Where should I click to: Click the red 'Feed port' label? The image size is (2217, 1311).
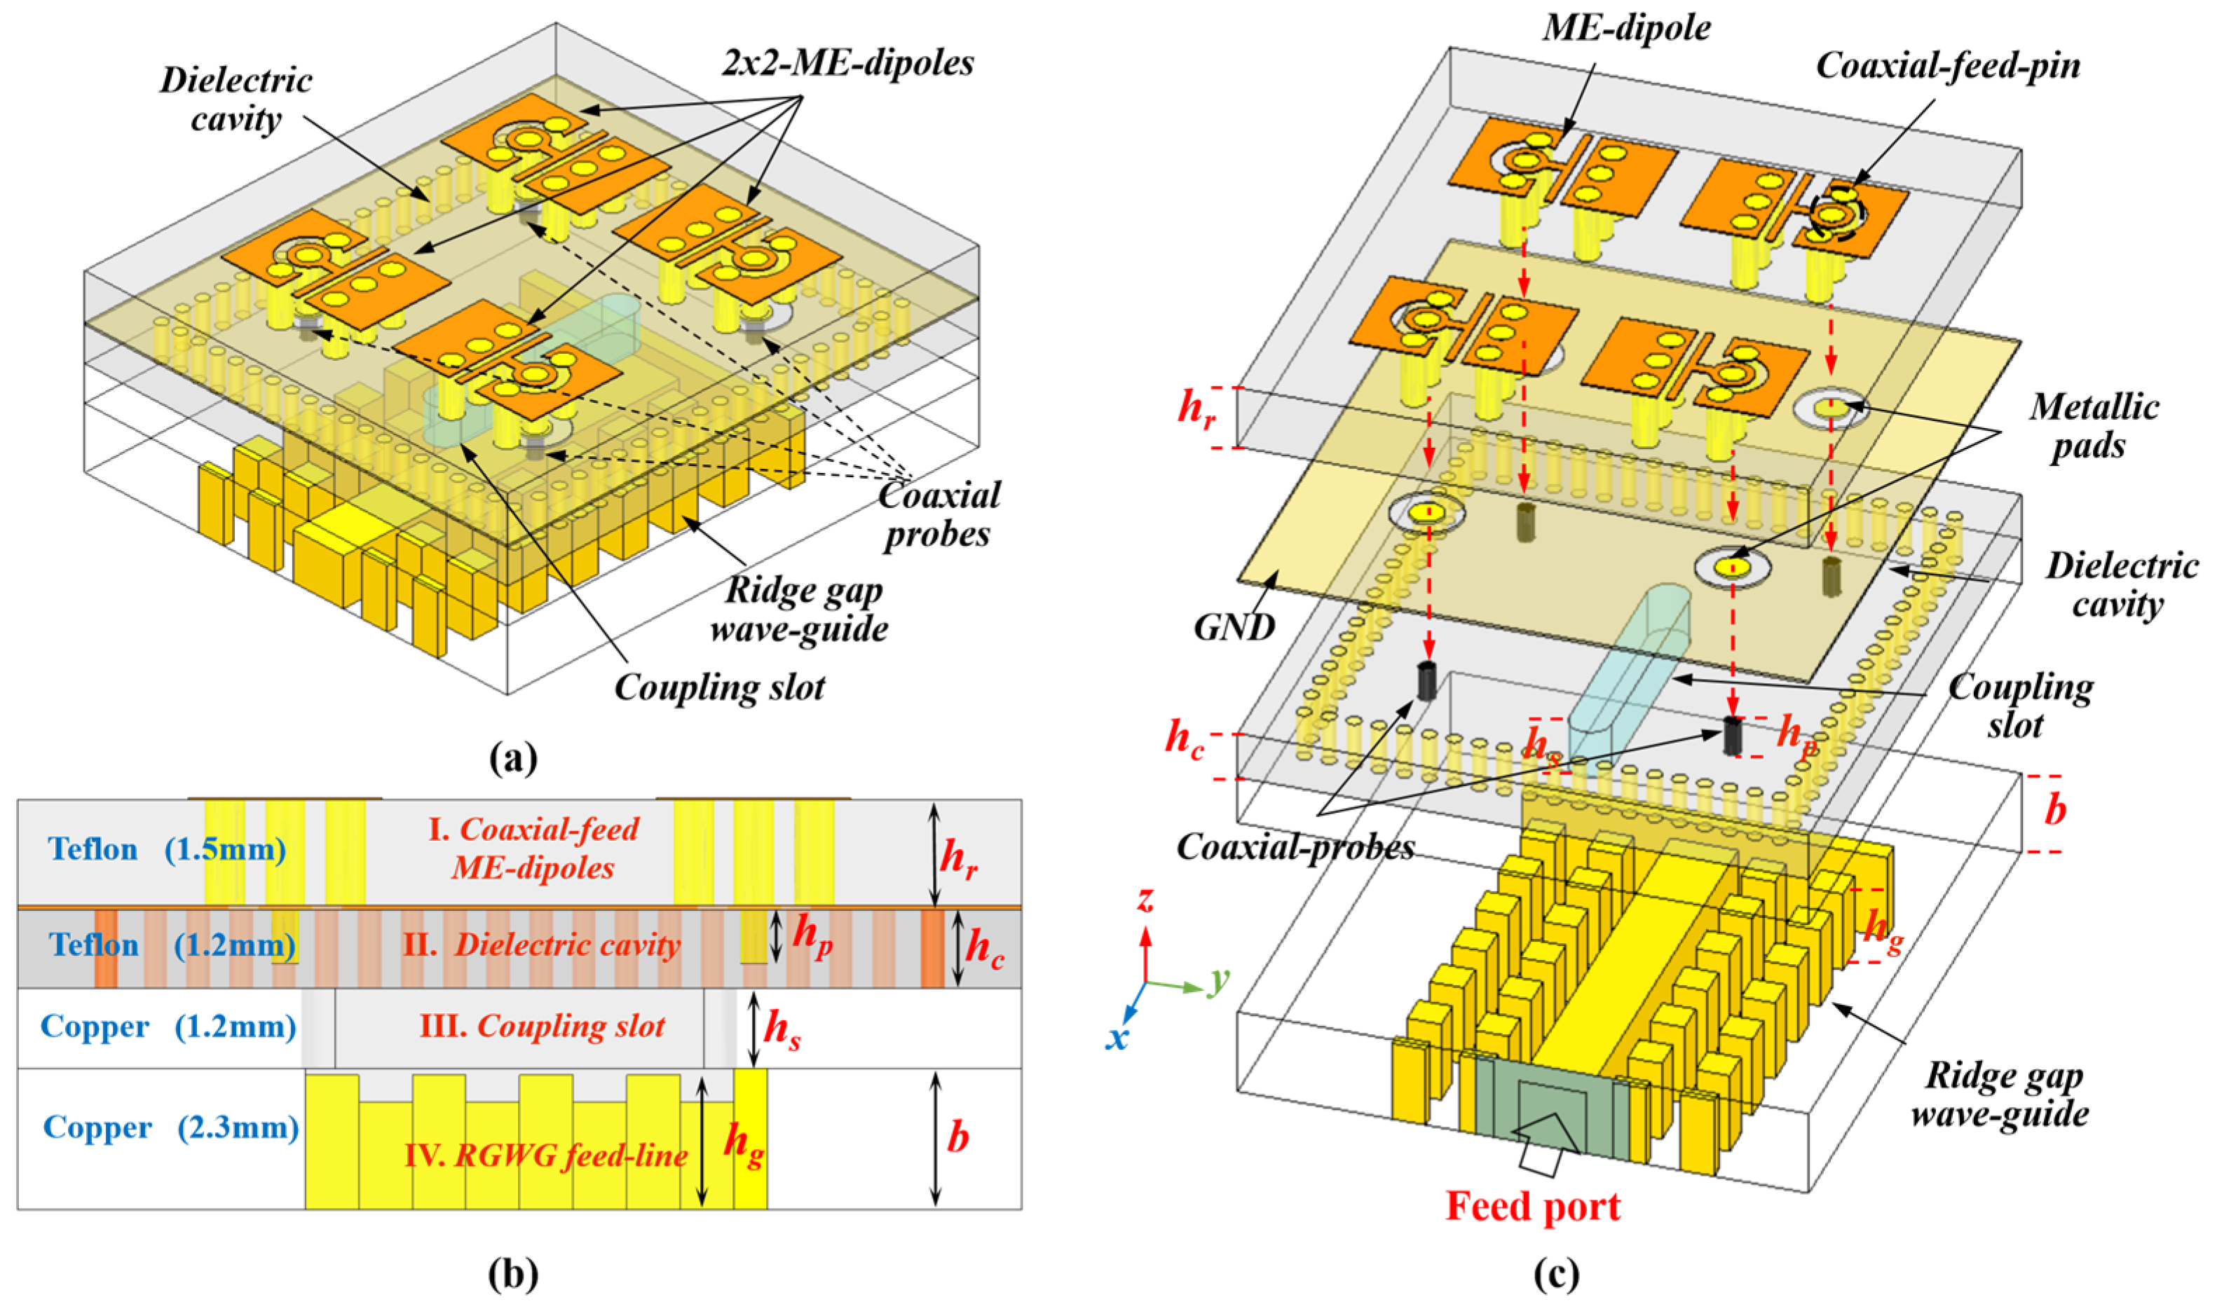pos(1532,1207)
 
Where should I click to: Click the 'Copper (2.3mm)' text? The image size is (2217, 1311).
pos(170,1128)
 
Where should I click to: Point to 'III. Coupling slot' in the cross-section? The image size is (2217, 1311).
pos(542,1027)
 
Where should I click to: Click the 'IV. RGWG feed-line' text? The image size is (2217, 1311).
pos(546,1155)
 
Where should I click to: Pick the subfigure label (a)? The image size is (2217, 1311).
pos(512,758)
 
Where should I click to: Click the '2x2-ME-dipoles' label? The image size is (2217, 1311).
pos(847,63)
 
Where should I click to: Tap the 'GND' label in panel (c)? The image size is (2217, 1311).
pos(1234,626)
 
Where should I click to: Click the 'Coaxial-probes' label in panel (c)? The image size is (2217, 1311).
pos(1295,847)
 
